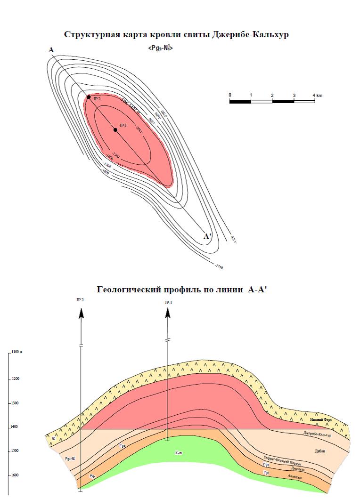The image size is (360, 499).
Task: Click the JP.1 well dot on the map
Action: click(x=115, y=129)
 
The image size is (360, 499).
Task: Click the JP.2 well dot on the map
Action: click(x=89, y=97)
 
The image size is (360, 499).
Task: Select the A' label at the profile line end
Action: click(x=207, y=236)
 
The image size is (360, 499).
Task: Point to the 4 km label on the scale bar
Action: click(x=317, y=96)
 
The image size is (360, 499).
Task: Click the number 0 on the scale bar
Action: click(x=230, y=96)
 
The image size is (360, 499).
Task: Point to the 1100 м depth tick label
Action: click(x=18, y=352)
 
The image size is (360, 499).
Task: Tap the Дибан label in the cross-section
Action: click(x=319, y=451)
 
